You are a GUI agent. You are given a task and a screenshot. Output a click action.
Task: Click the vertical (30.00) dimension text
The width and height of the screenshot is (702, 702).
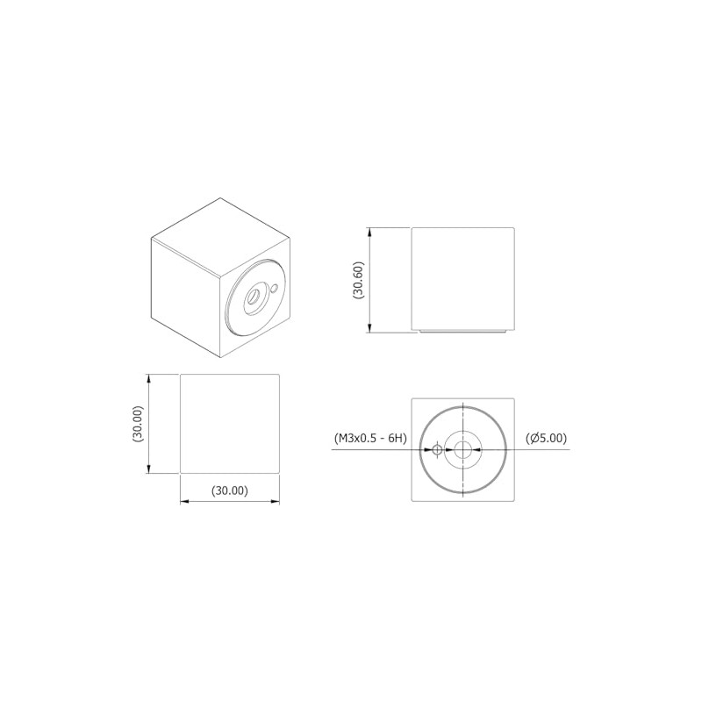point(138,423)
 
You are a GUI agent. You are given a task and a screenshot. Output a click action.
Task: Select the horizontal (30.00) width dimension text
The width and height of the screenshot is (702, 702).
point(230,491)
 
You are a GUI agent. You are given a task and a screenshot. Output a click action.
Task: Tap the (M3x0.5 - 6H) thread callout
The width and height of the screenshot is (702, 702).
point(369,438)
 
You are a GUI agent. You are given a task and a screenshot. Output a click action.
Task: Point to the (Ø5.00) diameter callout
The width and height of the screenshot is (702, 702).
point(546,438)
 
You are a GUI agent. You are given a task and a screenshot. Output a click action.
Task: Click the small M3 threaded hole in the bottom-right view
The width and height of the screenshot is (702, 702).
point(437,450)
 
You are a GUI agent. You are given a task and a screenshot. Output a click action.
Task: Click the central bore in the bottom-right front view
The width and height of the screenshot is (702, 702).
point(462,450)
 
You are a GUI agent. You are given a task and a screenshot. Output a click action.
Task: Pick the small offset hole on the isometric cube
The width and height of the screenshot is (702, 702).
point(275,287)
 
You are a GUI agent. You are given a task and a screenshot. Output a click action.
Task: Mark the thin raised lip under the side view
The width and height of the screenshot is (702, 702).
point(462,332)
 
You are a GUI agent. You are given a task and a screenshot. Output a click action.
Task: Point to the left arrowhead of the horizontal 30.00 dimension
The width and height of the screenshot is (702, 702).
point(185,502)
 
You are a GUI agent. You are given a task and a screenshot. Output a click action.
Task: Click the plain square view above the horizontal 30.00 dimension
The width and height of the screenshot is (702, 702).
point(230,423)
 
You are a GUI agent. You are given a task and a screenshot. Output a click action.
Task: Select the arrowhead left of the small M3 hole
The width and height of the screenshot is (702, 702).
point(429,450)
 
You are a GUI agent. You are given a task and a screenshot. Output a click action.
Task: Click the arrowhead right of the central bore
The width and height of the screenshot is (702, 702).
point(475,450)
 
